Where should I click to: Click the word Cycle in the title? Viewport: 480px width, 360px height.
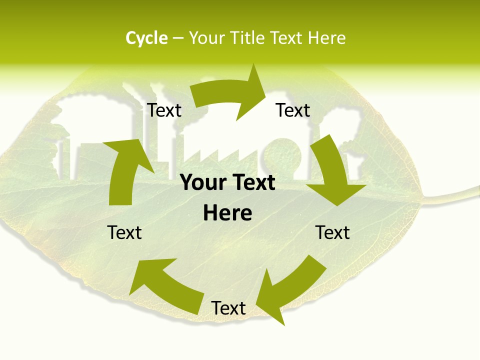pos(146,38)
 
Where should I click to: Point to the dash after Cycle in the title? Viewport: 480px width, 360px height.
pos(177,38)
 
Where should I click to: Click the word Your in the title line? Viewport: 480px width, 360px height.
pos(206,38)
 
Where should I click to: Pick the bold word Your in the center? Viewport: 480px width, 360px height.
pos(203,183)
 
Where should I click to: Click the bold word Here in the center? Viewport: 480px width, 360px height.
pos(227,213)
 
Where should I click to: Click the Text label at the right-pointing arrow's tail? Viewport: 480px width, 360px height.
pos(164,110)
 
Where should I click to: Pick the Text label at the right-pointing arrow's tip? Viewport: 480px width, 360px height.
pos(293,110)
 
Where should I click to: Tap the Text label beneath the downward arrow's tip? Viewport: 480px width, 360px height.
pos(332,232)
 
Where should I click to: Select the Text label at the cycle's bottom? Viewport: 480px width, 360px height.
pos(228,308)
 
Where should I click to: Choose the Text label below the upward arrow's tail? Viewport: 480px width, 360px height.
pos(125,232)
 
